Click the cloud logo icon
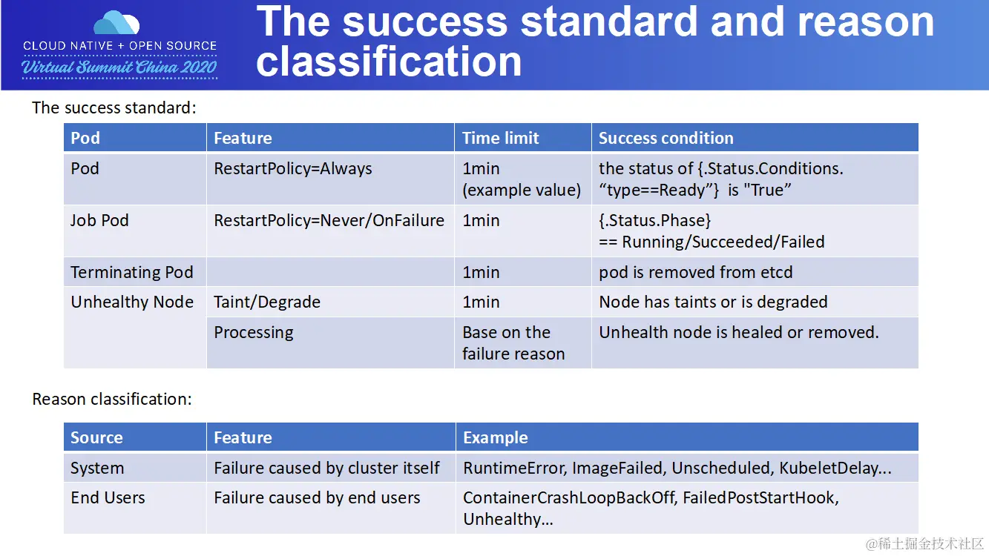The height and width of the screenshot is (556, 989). [x=116, y=22]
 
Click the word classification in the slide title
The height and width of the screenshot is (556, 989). [x=389, y=62]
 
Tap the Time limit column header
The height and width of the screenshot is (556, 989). [x=500, y=138]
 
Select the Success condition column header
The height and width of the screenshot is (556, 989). [x=666, y=138]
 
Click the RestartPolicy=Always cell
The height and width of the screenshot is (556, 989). [x=293, y=168]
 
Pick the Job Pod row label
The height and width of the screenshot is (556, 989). [x=99, y=220]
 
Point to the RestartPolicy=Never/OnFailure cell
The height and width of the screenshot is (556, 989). [x=329, y=221]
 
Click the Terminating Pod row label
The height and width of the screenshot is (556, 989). [x=131, y=272]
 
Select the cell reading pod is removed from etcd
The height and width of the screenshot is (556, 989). [x=695, y=272]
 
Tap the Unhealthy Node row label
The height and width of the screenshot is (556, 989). [x=132, y=302]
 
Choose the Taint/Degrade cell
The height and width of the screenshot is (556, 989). [x=267, y=302]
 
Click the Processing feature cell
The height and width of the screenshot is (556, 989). [x=254, y=333]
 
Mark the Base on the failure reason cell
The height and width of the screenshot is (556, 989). [x=513, y=342]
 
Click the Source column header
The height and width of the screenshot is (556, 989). [x=96, y=437]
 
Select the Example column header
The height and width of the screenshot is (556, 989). [x=496, y=437]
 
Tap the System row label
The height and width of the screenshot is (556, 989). [x=97, y=468]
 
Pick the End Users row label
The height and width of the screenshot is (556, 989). [x=108, y=497]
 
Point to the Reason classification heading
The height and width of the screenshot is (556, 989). [x=112, y=399]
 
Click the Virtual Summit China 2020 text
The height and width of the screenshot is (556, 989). [x=119, y=67]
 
